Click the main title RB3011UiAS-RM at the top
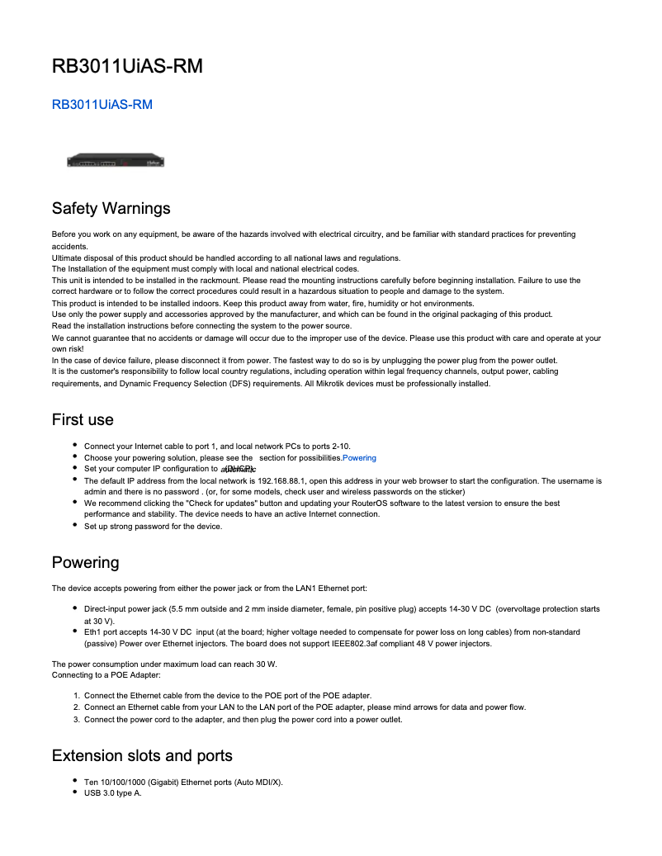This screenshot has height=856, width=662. [x=127, y=66]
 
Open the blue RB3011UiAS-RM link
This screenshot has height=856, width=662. [x=102, y=105]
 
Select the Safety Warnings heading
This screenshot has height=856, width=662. [x=111, y=208]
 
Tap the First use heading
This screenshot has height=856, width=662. [x=83, y=419]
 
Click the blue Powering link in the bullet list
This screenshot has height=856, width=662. [x=359, y=457]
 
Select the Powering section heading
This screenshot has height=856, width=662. [x=85, y=562]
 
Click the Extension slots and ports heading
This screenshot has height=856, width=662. [x=142, y=755]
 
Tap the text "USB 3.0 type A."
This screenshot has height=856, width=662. [x=113, y=793]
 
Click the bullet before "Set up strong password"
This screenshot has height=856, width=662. [x=75, y=525]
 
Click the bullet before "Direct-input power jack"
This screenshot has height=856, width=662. [x=75, y=608]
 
